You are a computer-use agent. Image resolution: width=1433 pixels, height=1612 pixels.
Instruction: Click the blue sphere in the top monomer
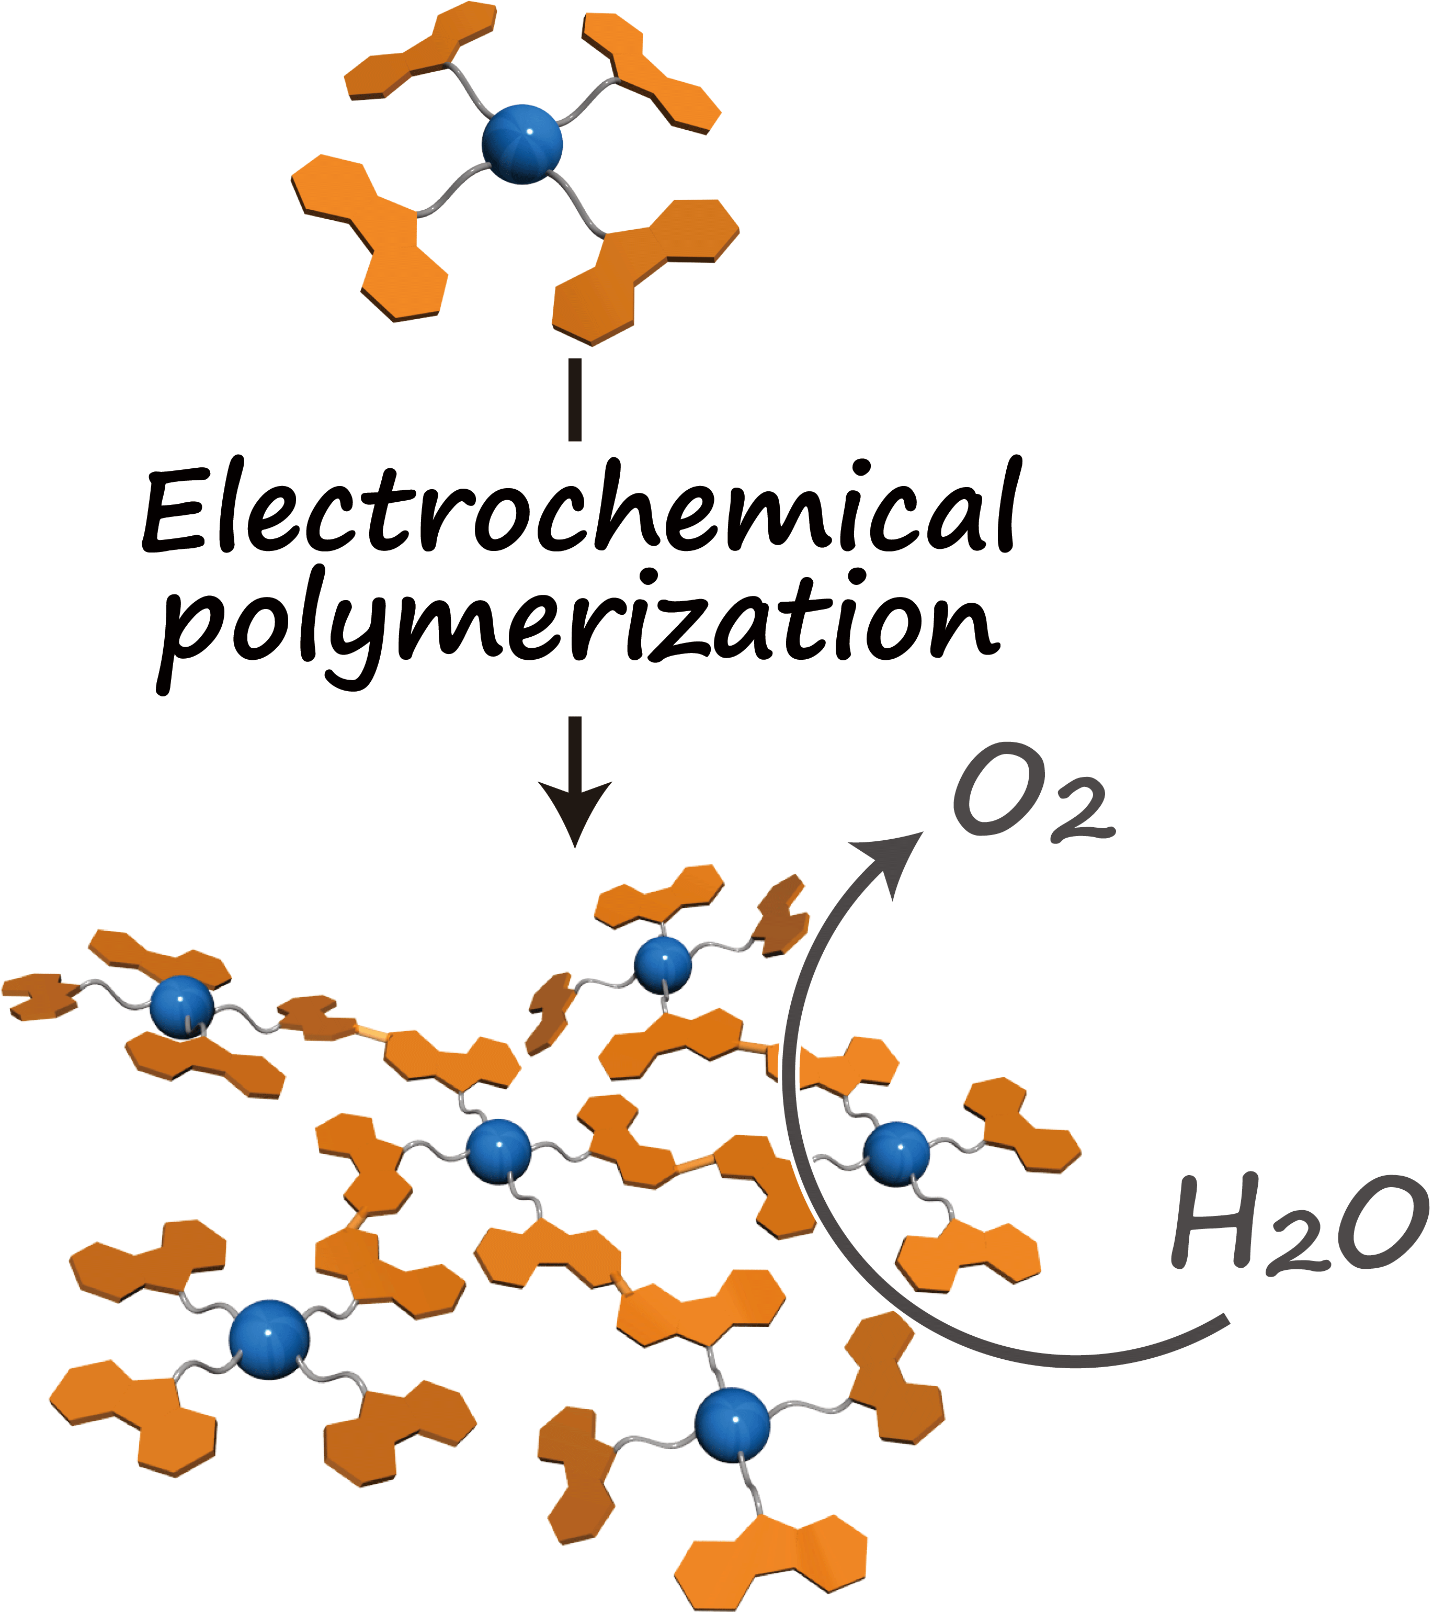pyautogui.click(x=522, y=144)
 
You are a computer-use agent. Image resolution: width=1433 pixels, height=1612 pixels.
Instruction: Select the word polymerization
pyautogui.click(x=579, y=631)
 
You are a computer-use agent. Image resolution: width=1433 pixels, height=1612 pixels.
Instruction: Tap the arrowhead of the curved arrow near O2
pyautogui.click(x=895, y=855)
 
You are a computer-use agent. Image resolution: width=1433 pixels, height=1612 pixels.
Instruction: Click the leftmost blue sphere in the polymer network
pyautogui.click(x=182, y=1007)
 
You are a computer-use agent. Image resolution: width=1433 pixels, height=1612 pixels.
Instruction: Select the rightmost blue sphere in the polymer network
pyautogui.click(x=897, y=1154)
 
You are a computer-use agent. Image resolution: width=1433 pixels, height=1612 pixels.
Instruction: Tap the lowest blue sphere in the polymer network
pyautogui.click(x=732, y=1425)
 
